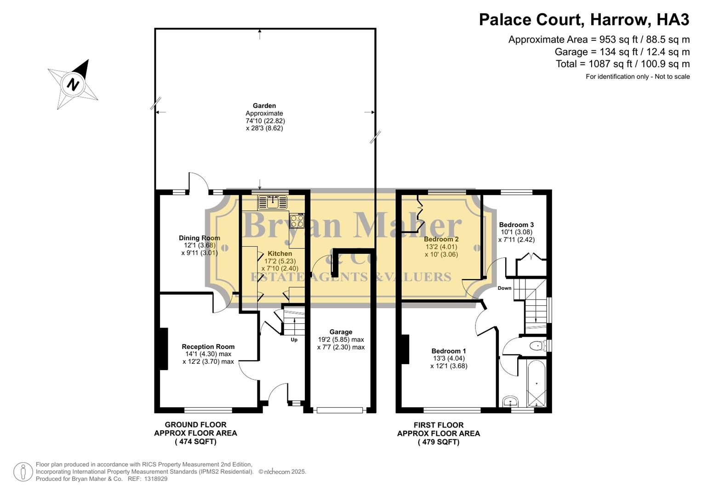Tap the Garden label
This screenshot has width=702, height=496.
tap(264, 106)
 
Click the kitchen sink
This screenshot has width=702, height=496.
tap(273, 201)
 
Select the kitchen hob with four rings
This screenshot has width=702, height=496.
tap(297, 221)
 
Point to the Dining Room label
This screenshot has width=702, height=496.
tap(200, 238)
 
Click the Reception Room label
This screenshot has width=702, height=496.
tap(208, 347)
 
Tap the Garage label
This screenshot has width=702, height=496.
tap(341, 332)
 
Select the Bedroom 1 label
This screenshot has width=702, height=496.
tap(449, 351)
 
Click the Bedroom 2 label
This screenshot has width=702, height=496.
tap(441, 239)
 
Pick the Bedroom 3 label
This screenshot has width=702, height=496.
tap(516, 225)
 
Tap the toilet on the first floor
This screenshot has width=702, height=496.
tap(536, 345)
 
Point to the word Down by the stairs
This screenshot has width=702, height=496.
tap(504, 288)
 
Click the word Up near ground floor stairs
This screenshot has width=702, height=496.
tap(294, 340)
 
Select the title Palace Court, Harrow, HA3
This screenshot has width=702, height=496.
tap(584, 20)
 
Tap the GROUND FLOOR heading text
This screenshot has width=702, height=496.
tap(195, 425)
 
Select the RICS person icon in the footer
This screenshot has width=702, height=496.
tap(23, 472)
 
